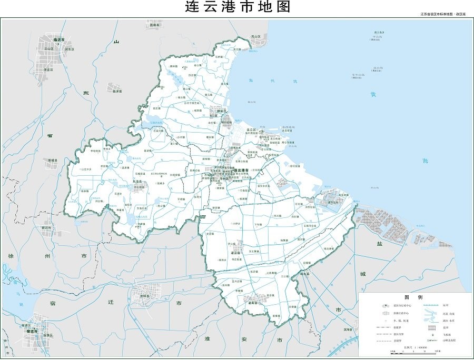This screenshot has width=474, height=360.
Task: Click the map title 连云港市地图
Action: (x=238, y=7)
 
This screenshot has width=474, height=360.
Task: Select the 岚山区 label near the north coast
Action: (x=256, y=37)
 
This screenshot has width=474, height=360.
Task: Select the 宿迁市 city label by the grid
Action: (x=36, y=332)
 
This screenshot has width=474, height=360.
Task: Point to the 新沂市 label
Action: (x=47, y=228)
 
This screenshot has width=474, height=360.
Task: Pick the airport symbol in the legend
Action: (x=431, y=335)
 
